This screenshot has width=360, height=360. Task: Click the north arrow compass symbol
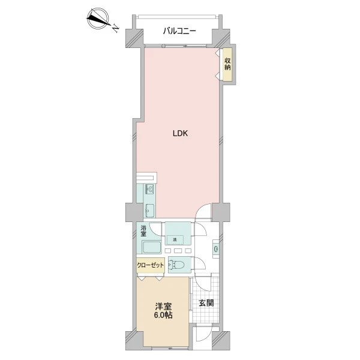pyautogui.click(x=98, y=19)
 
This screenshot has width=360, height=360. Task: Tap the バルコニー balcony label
pyautogui.click(x=179, y=31)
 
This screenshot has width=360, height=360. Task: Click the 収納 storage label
pyautogui.click(x=227, y=64)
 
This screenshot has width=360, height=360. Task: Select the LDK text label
pyautogui.click(x=180, y=133)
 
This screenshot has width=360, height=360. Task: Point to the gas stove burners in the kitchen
pyautogui.click(x=149, y=189)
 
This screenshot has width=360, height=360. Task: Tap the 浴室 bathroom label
pyautogui.click(x=143, y=231)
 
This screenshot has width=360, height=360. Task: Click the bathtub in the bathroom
pyautogui.click(x=152, y=247)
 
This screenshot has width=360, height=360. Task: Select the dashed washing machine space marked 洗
pyautogui.click(x=175, y=240)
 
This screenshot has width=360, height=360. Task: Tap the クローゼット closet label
pyautogui.click(x=151, y=265)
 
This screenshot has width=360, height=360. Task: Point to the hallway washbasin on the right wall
pyautogui.click(x=216, y=248)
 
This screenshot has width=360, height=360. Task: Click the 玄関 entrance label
pyautogui.click(x=206, y=303)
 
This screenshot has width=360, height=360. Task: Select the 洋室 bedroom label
pyautogui.click(x=163, y=306)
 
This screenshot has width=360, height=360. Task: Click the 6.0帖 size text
pyautogui.click(x=163, y=315)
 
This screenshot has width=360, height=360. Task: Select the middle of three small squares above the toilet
pyautogui.click(x=177, y=251)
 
